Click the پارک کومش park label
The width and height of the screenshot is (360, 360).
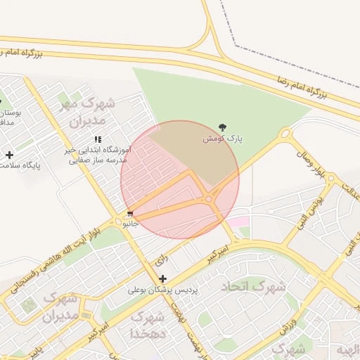223,139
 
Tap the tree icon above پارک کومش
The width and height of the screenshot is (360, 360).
223,127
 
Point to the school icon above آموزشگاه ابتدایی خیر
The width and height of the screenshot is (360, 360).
98,139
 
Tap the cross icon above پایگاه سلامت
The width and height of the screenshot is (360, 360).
9,155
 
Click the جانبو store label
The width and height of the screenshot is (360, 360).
131,224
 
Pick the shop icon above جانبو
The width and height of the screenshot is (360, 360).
130,214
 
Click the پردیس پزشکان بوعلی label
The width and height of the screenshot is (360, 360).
163,290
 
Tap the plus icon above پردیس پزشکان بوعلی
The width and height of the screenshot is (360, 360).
163,279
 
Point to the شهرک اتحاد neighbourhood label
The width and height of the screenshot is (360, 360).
254,287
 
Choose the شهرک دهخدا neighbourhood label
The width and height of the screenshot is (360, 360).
148,326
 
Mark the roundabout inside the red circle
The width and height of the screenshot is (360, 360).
209,200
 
